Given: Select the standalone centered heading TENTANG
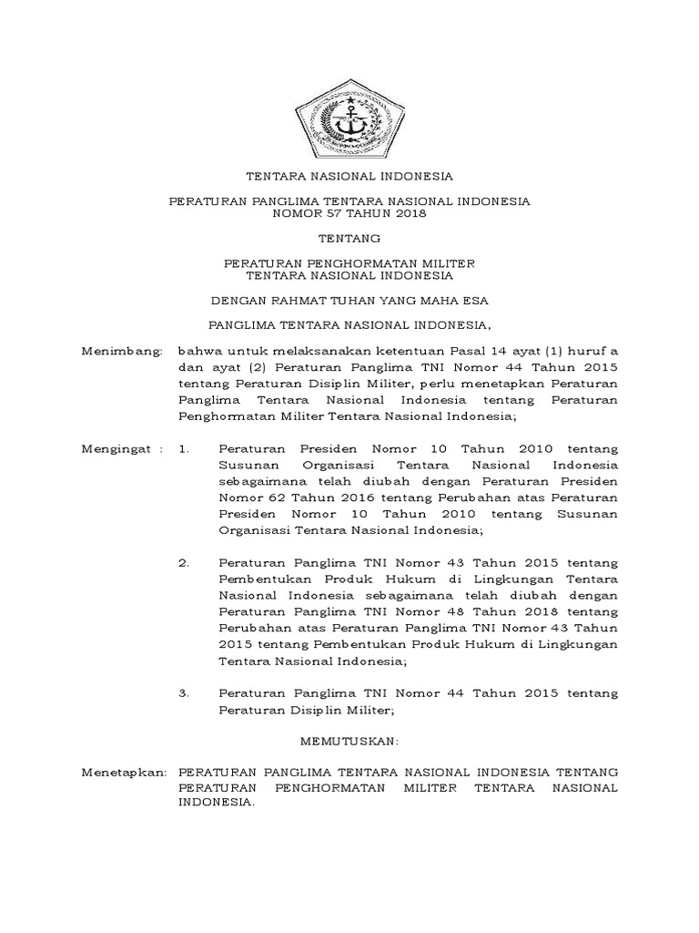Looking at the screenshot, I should (x=349, y=239).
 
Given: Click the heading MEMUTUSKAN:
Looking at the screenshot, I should (x=349, y=743).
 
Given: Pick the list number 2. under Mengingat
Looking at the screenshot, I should (x=185, y=562).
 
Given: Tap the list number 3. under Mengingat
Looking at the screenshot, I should (x=185, y=693).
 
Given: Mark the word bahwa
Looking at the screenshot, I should (x=198, y=350).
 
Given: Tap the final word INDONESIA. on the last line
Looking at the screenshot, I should (x=217, y=803).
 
